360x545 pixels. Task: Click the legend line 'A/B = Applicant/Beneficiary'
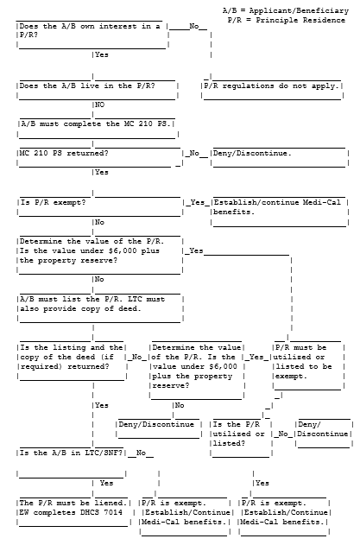click(x=285, y=10)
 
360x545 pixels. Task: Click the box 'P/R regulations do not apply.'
click(x=273, y=90)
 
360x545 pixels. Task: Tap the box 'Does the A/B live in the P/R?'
click(x=98, y=90)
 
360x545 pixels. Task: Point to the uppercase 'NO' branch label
click(x=100, y=105)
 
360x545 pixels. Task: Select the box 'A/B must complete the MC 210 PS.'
click(x=98, y=129)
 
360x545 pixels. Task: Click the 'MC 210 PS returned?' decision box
click(x=100, y=157)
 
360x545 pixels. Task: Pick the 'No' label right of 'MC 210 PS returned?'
click(x=194, y=153)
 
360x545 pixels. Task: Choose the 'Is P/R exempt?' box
click(x=100, y=206)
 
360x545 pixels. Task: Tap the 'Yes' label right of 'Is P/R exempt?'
click(x=198, y=202)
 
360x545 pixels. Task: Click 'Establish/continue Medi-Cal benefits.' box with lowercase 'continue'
click(x=280, y=212)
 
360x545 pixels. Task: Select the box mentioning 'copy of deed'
click(x=100, y=308)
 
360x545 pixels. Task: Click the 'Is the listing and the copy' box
click(x=72, y=362)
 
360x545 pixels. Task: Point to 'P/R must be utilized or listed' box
click(x=308, y=366)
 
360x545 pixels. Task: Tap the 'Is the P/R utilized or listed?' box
click(x=241, y=438)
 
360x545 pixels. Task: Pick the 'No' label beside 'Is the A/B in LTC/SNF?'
click(x=141, y=453)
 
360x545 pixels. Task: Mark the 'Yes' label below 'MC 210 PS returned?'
click(x=102, y=172)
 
